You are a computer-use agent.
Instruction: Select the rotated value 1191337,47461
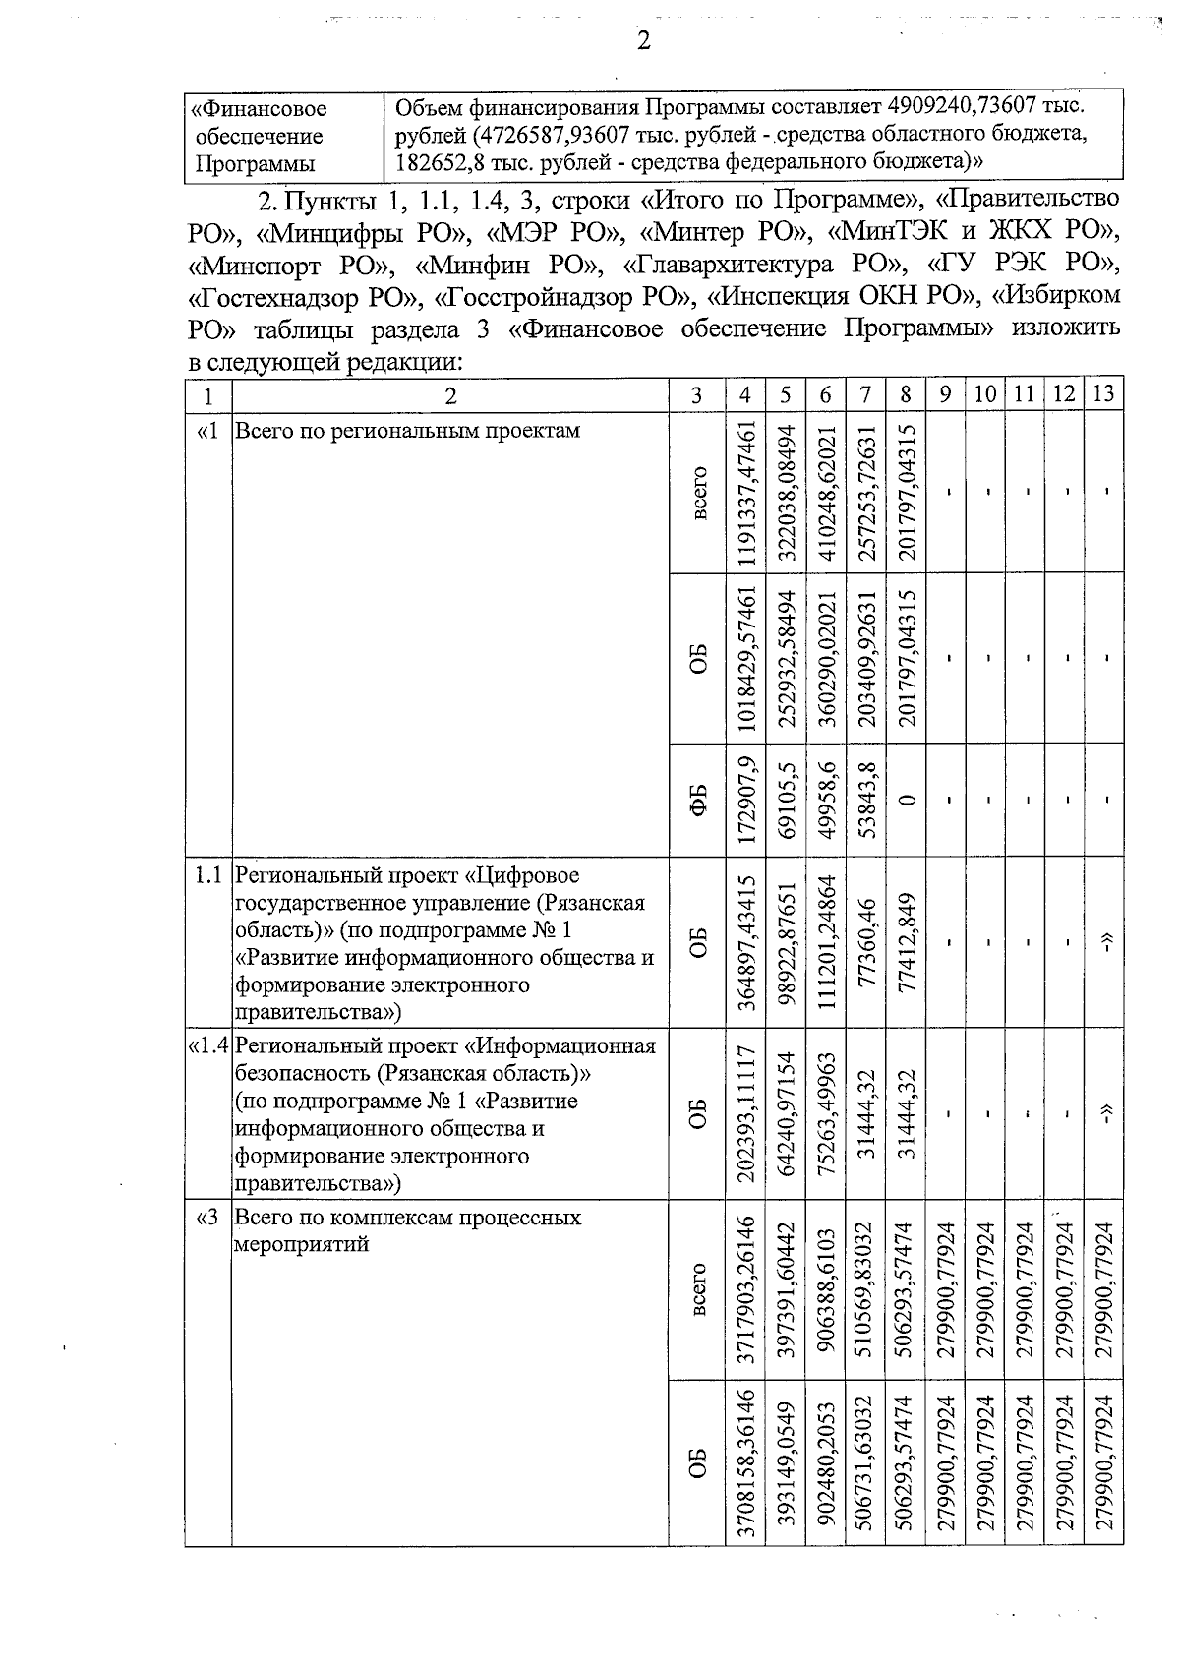(746, 493)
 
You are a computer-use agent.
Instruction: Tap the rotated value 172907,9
(746, 800)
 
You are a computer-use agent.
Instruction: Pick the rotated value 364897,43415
(746, 942)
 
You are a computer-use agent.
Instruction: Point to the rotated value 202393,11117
(746, 1114)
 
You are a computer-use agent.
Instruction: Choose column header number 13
(1103, 394)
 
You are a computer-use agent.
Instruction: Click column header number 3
(696, 394)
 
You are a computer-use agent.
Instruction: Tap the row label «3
(207, 1218)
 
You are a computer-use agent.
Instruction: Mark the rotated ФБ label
(698, 800)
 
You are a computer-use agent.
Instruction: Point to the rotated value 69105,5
(786, 800)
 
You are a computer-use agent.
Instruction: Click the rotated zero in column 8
(906, 800)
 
